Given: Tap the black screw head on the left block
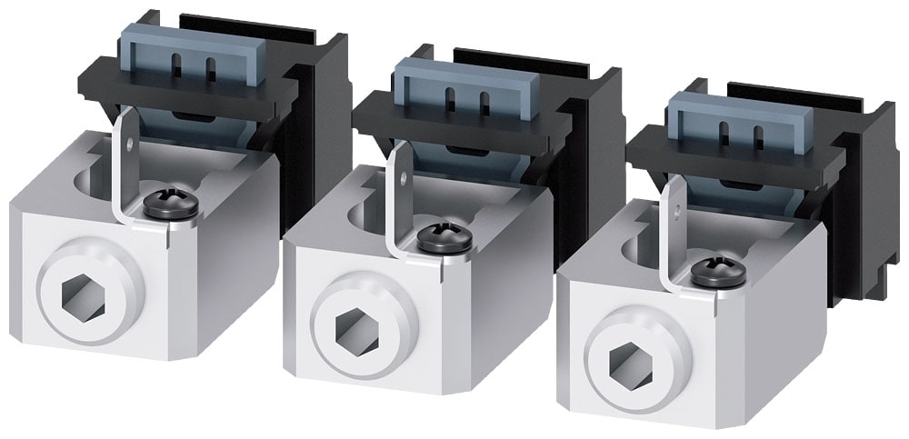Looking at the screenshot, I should (171, 205).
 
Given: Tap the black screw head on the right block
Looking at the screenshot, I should (718, 272).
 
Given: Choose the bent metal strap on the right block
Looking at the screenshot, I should (671, 245).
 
